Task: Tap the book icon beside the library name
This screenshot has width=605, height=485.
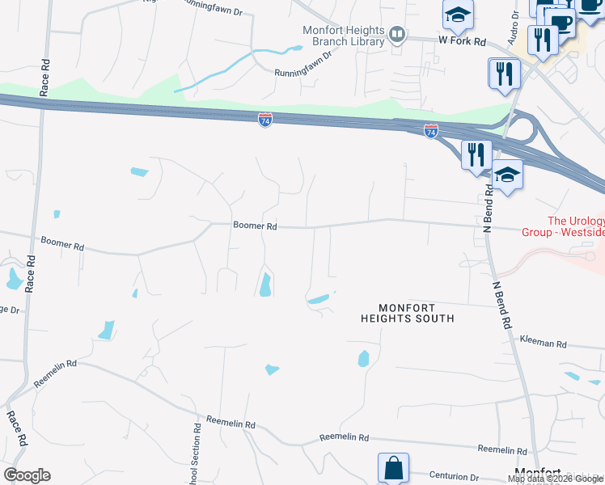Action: tap(397, 34)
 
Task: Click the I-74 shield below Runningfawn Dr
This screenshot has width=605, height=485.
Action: tap(265, 119)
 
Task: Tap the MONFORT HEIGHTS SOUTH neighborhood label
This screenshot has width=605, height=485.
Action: tap(407, 314)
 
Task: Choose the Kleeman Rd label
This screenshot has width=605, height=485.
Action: tap(543, 343)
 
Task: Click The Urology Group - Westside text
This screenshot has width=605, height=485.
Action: tap(576, 226)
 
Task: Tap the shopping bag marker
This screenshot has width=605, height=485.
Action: tap(393, 468)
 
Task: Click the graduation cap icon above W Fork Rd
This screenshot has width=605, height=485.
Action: tap(458, 14)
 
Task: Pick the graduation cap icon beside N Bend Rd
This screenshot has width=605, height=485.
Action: tap(507, 175)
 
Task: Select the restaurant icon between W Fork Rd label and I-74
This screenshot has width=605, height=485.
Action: tap(504, 74)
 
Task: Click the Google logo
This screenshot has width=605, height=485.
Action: tap(27, 475)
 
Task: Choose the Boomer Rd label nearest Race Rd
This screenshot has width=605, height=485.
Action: tap(62, 242)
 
